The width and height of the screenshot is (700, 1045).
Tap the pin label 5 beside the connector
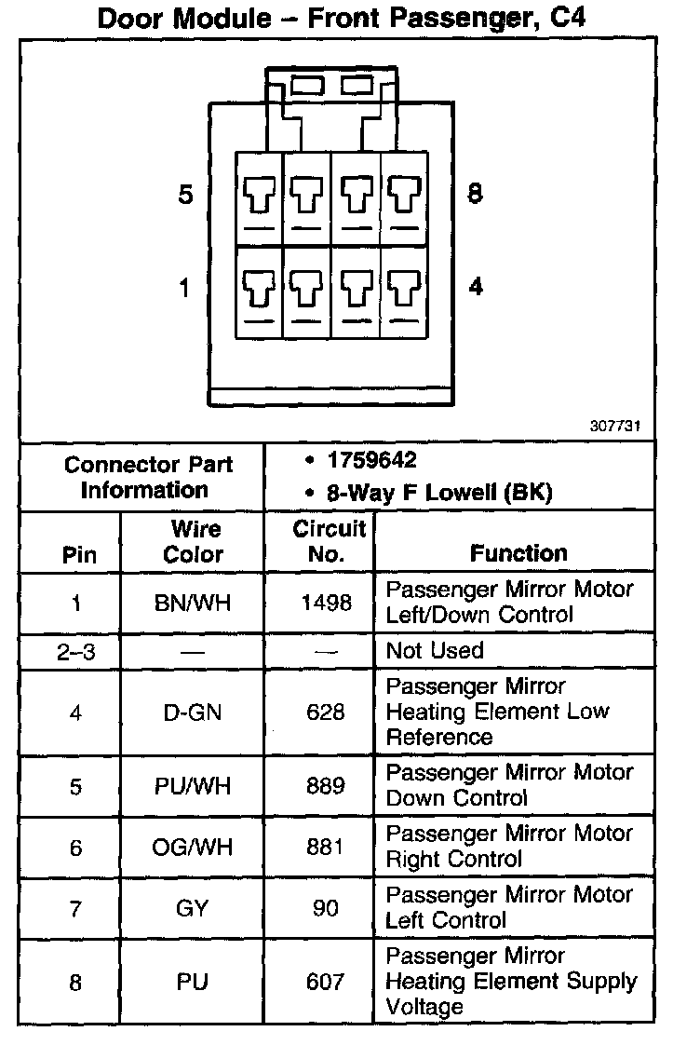click(x=186, y=196)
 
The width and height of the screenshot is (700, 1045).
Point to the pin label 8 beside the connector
click(x=475, y=195)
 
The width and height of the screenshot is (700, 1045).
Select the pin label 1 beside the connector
click(x=184, y=288)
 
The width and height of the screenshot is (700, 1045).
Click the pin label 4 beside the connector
click(x=476, y=287)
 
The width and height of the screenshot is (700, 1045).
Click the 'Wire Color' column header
click(x=195, y=542)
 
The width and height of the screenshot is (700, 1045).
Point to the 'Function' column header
click(x=518, y=553)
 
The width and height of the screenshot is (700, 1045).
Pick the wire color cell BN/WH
click(x=192, y=603)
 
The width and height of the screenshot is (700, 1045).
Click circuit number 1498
click(x=326, y=603)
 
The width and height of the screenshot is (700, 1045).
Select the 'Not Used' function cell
click(x=435, y=650)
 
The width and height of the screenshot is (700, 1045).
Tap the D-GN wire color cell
click(x=192, y=712)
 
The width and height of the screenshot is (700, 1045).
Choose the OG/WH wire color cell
click(x=193, y=848)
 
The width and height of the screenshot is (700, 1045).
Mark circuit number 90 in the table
click(x=326, y=908)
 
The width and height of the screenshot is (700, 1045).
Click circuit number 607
click(x=326, y=982)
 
